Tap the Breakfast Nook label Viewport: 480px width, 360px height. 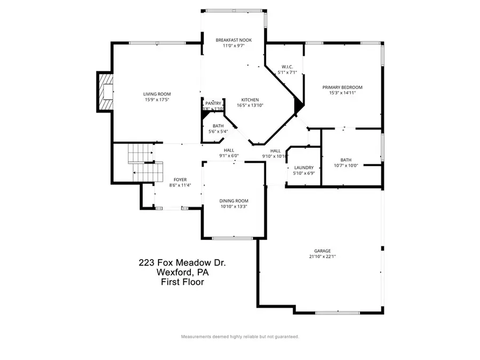point(234,40)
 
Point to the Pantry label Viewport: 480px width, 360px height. point(212,103)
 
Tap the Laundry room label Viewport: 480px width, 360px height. point(303,167)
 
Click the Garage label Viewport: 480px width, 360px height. point(322,251)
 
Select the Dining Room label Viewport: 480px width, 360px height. point(234,201)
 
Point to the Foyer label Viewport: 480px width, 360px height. point(180,180)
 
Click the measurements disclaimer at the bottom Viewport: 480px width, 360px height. point(240,337)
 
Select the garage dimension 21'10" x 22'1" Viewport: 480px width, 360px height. point(322,257)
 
